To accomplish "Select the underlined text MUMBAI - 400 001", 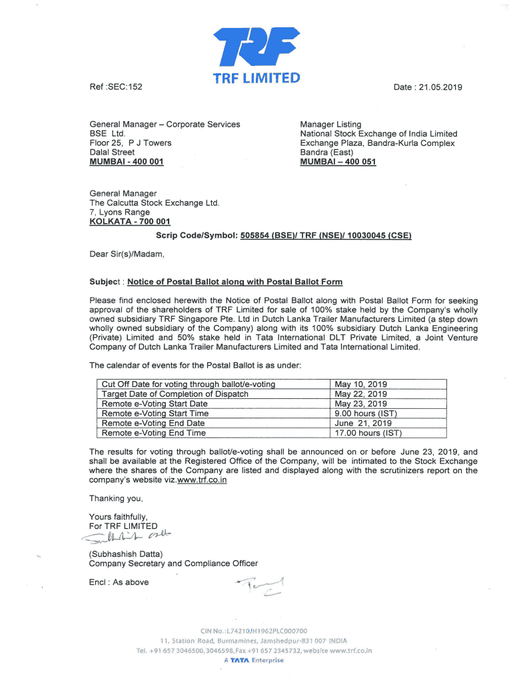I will coord(127,162).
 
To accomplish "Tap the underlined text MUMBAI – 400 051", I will coord(338,162).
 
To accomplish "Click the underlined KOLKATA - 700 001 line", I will coord(130,222).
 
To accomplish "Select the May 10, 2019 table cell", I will coord(360,384).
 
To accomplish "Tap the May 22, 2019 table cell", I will coord(360,394).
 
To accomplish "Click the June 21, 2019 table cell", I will coord(363,423).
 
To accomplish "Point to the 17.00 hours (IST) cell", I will coord(368,433).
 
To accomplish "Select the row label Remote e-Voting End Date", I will coord(153,423).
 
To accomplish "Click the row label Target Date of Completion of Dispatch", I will coord(175,394).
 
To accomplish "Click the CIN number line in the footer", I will coord(256,631).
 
